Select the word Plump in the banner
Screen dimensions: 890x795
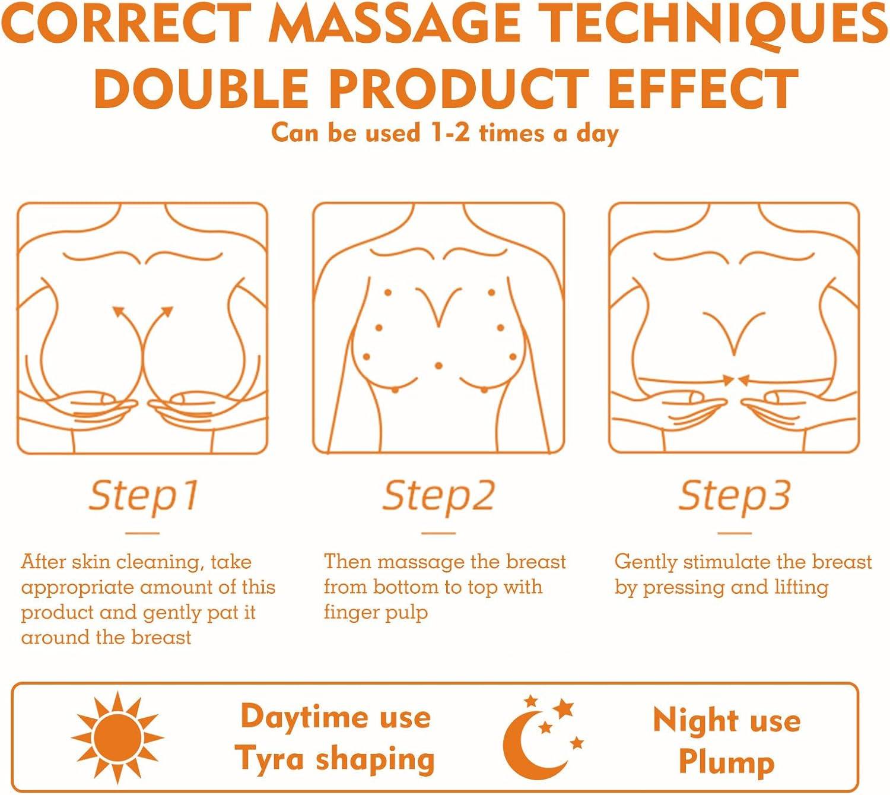[727, 762]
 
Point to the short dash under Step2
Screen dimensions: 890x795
[438, 533]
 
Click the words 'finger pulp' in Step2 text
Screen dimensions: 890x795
[376, 612]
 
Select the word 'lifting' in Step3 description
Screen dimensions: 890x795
[801, 587]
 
